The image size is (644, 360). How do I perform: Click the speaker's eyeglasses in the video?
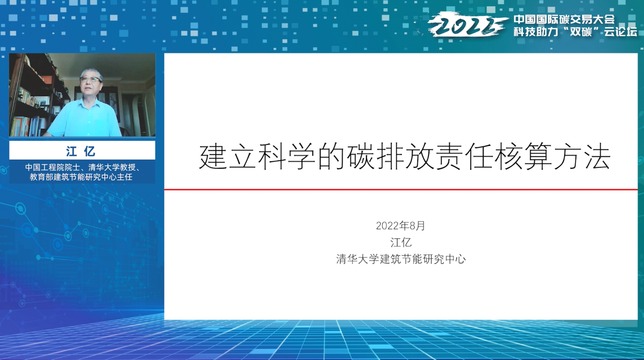(90, 80)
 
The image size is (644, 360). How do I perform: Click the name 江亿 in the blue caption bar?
(81, 151)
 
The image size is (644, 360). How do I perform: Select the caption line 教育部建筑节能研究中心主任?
(81, 177)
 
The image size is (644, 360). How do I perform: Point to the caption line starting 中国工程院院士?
(82, 167)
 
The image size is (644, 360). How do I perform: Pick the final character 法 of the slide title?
(598, 157)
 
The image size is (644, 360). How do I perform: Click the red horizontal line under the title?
(401, 190)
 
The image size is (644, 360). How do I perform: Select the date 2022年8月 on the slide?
(401, 226)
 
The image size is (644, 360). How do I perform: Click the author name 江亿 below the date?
(401, 243)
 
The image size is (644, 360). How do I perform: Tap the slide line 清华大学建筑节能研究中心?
(401, 259)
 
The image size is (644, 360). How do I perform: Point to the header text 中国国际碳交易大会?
(564, 19)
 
